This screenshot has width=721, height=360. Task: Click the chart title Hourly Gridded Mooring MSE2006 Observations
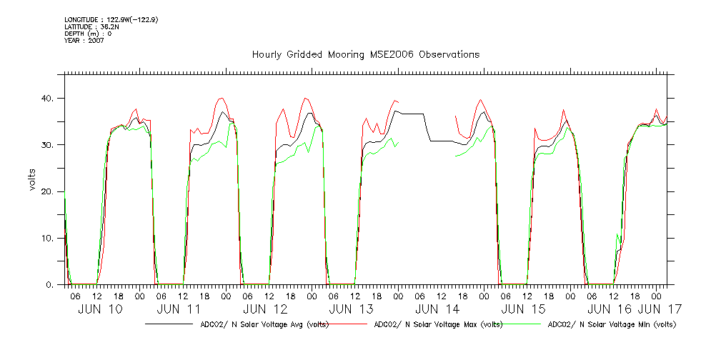click(x=365, y=55)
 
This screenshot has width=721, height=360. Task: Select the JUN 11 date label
click(x=178, y=309)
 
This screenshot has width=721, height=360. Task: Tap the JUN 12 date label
click(x=265, y=309)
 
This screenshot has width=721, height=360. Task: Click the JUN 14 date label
click(x=437, y=309)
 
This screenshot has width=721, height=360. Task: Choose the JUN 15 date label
click(x=523, y=309)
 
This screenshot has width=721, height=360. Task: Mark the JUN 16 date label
click(x=609, y=309)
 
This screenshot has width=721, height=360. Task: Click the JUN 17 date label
click(x=659, y=309)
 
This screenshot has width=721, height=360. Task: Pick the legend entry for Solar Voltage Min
click(x=611, y=324)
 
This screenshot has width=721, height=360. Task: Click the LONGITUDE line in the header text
click(x=111, y=19)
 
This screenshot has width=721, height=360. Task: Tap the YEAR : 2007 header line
click(x=84, y=41)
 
